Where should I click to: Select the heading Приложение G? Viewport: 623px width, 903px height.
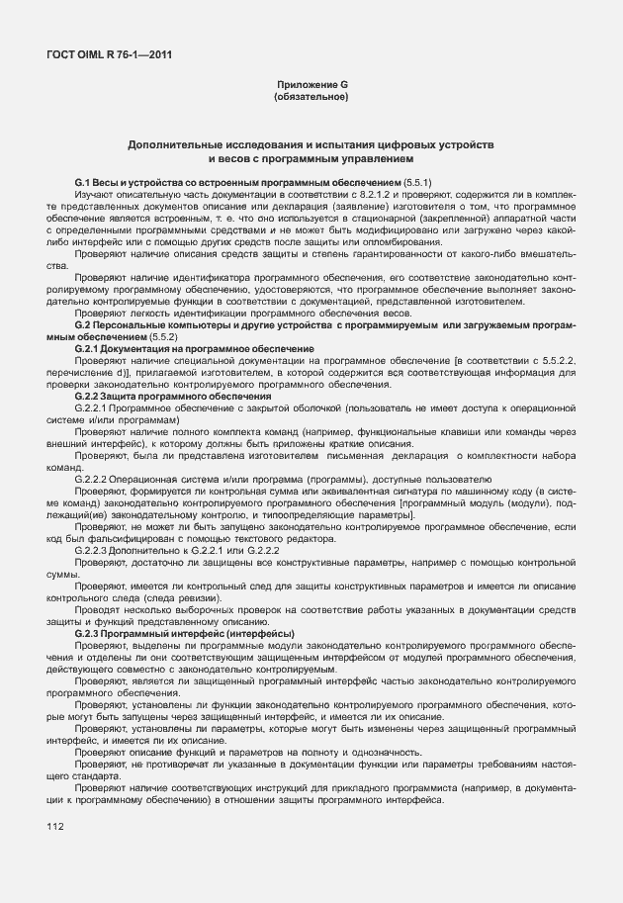(x=311, y=86)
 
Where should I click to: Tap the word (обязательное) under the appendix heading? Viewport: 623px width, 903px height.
(x=311, y=98)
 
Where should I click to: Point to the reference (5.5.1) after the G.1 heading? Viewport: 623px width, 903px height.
(x=414, y=184)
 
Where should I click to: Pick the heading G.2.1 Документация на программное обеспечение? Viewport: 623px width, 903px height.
(x=195, y=349)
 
